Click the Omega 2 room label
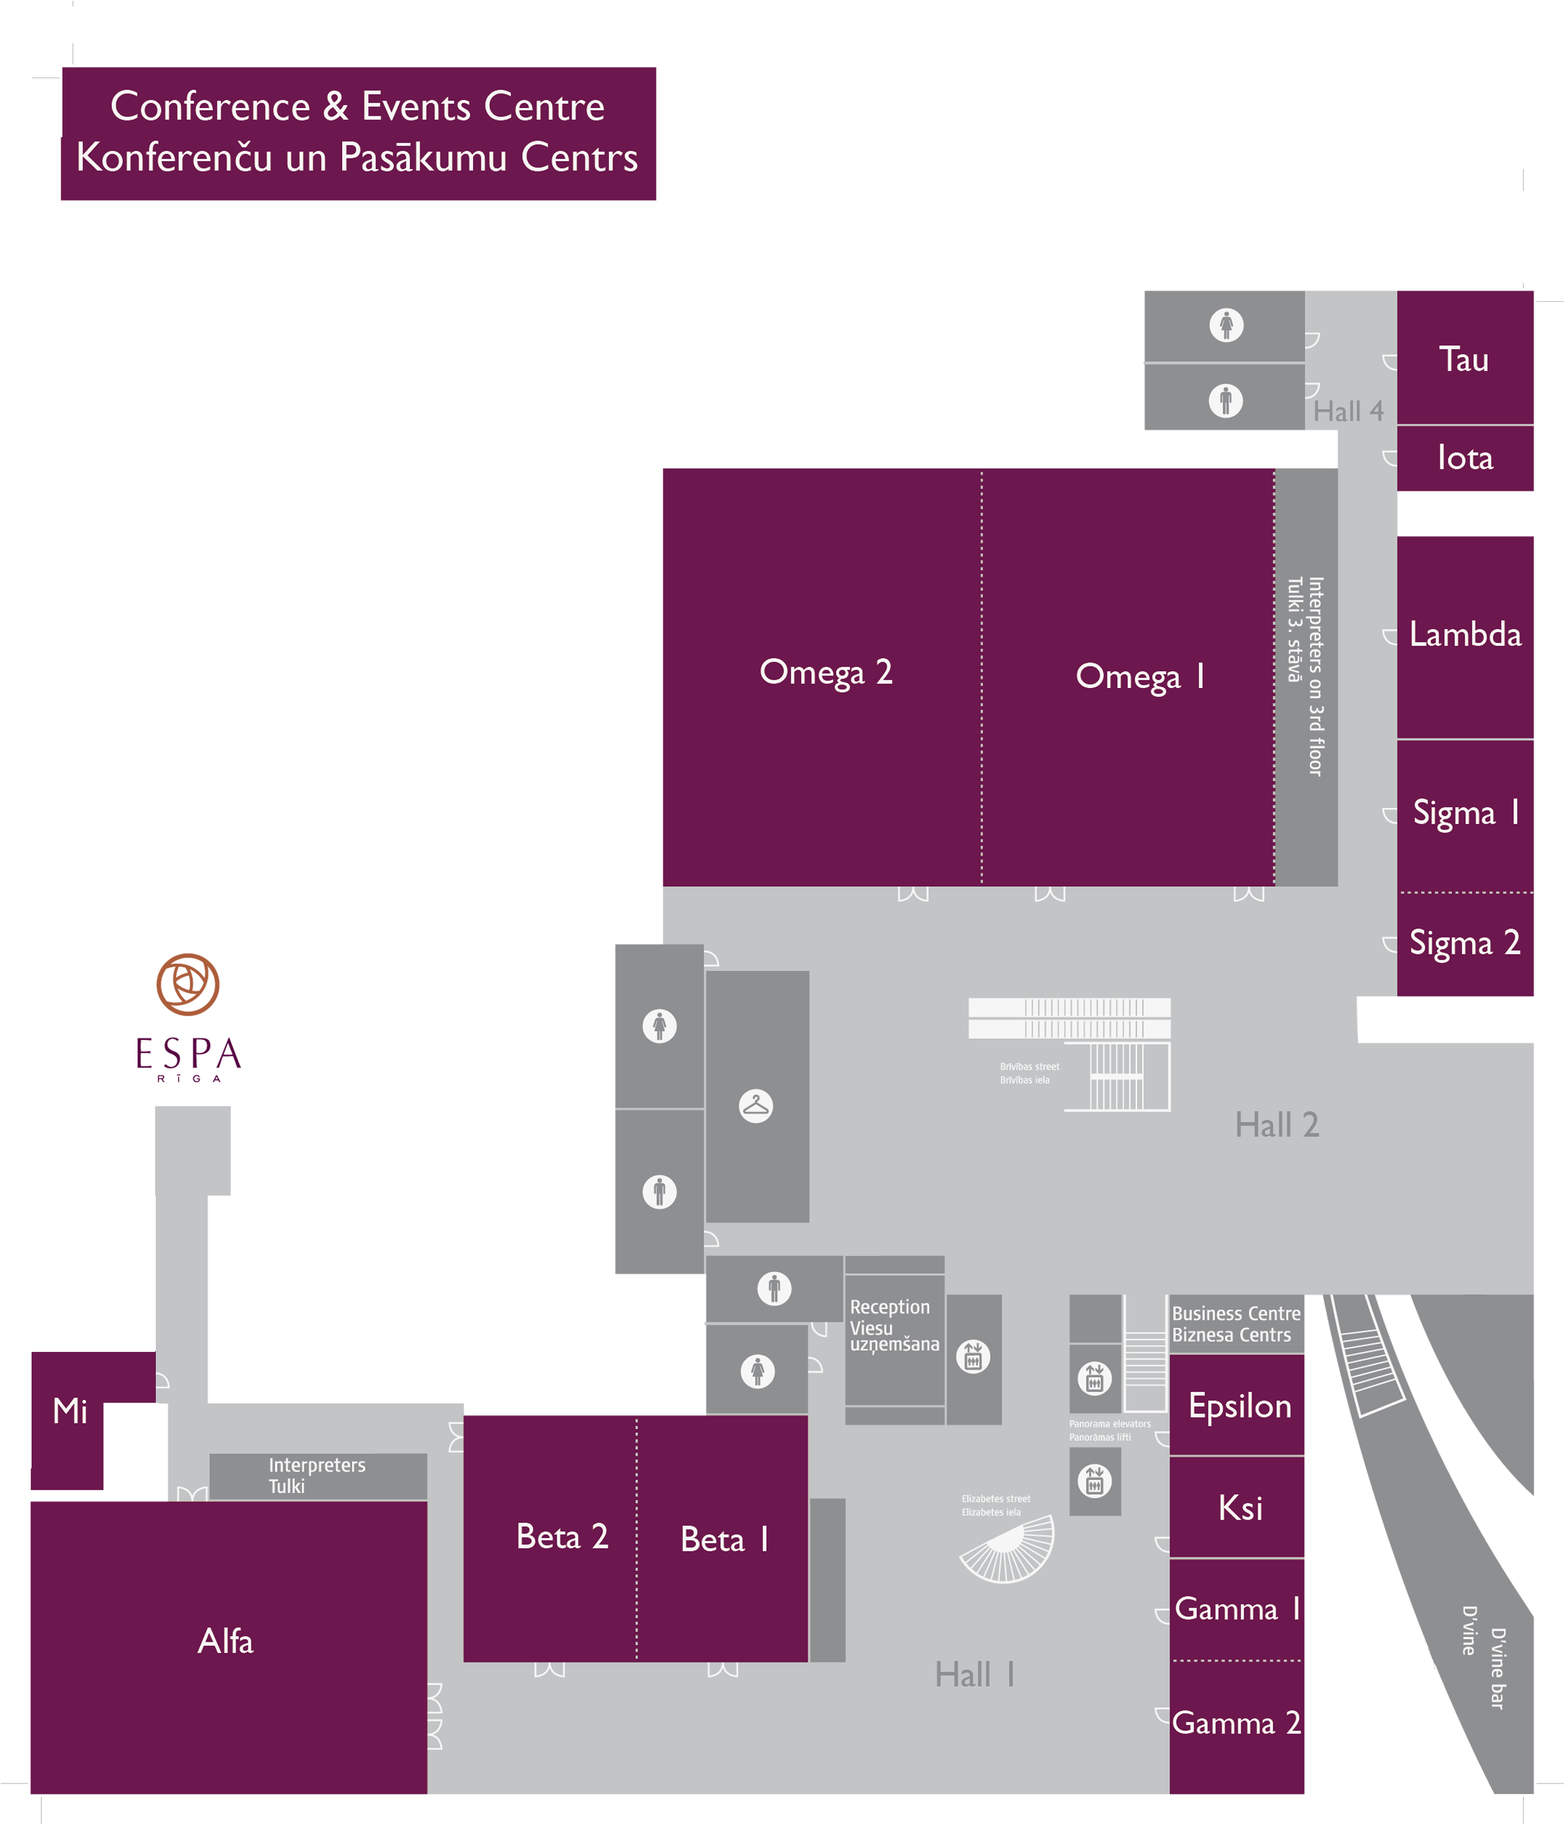coord(825,673)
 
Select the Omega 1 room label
coord(1140,676)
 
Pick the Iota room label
coord(1465,458)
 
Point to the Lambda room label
coord(1465,634)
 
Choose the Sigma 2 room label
coord(1465,943)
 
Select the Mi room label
coord(70,1411)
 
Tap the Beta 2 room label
coord(562,1537)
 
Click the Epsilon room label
coord(1239,1407)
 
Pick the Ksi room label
coord(1240,1508)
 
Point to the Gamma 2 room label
coord(1236,1723)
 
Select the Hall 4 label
coord(1348,411)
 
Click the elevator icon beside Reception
coord(973,1357)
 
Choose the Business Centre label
coord(1236,1313)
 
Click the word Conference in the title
coord(210,107)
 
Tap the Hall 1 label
coord(975,1674)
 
